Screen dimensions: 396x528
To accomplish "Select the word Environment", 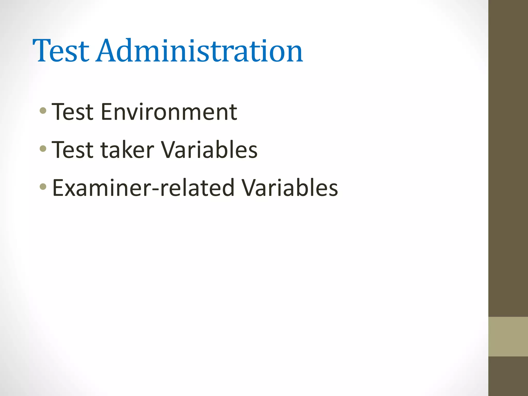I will [x=169, y=112].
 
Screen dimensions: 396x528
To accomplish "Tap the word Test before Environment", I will [x=72, y=112].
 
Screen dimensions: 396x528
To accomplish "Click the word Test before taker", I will [x=72, y=150].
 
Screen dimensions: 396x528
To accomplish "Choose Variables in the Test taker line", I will [x=209, y=150].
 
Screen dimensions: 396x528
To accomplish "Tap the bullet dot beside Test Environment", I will [x=43, y=111].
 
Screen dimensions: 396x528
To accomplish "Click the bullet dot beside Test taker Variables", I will [x=43, y=149].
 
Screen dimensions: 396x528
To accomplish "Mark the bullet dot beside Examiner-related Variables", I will [x=43, y=186].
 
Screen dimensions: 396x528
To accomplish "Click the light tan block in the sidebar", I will [x=508, y=336].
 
